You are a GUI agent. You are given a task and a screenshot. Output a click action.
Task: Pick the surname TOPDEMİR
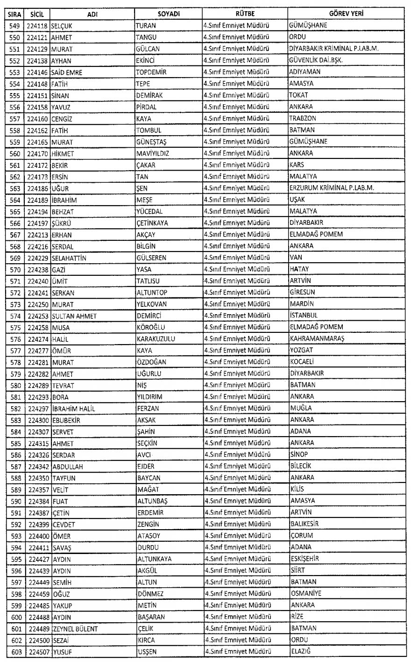[151, 72]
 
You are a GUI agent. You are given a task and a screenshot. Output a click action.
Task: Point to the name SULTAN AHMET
[74, 316]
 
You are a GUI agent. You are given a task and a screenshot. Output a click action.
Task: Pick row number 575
[14, 327]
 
